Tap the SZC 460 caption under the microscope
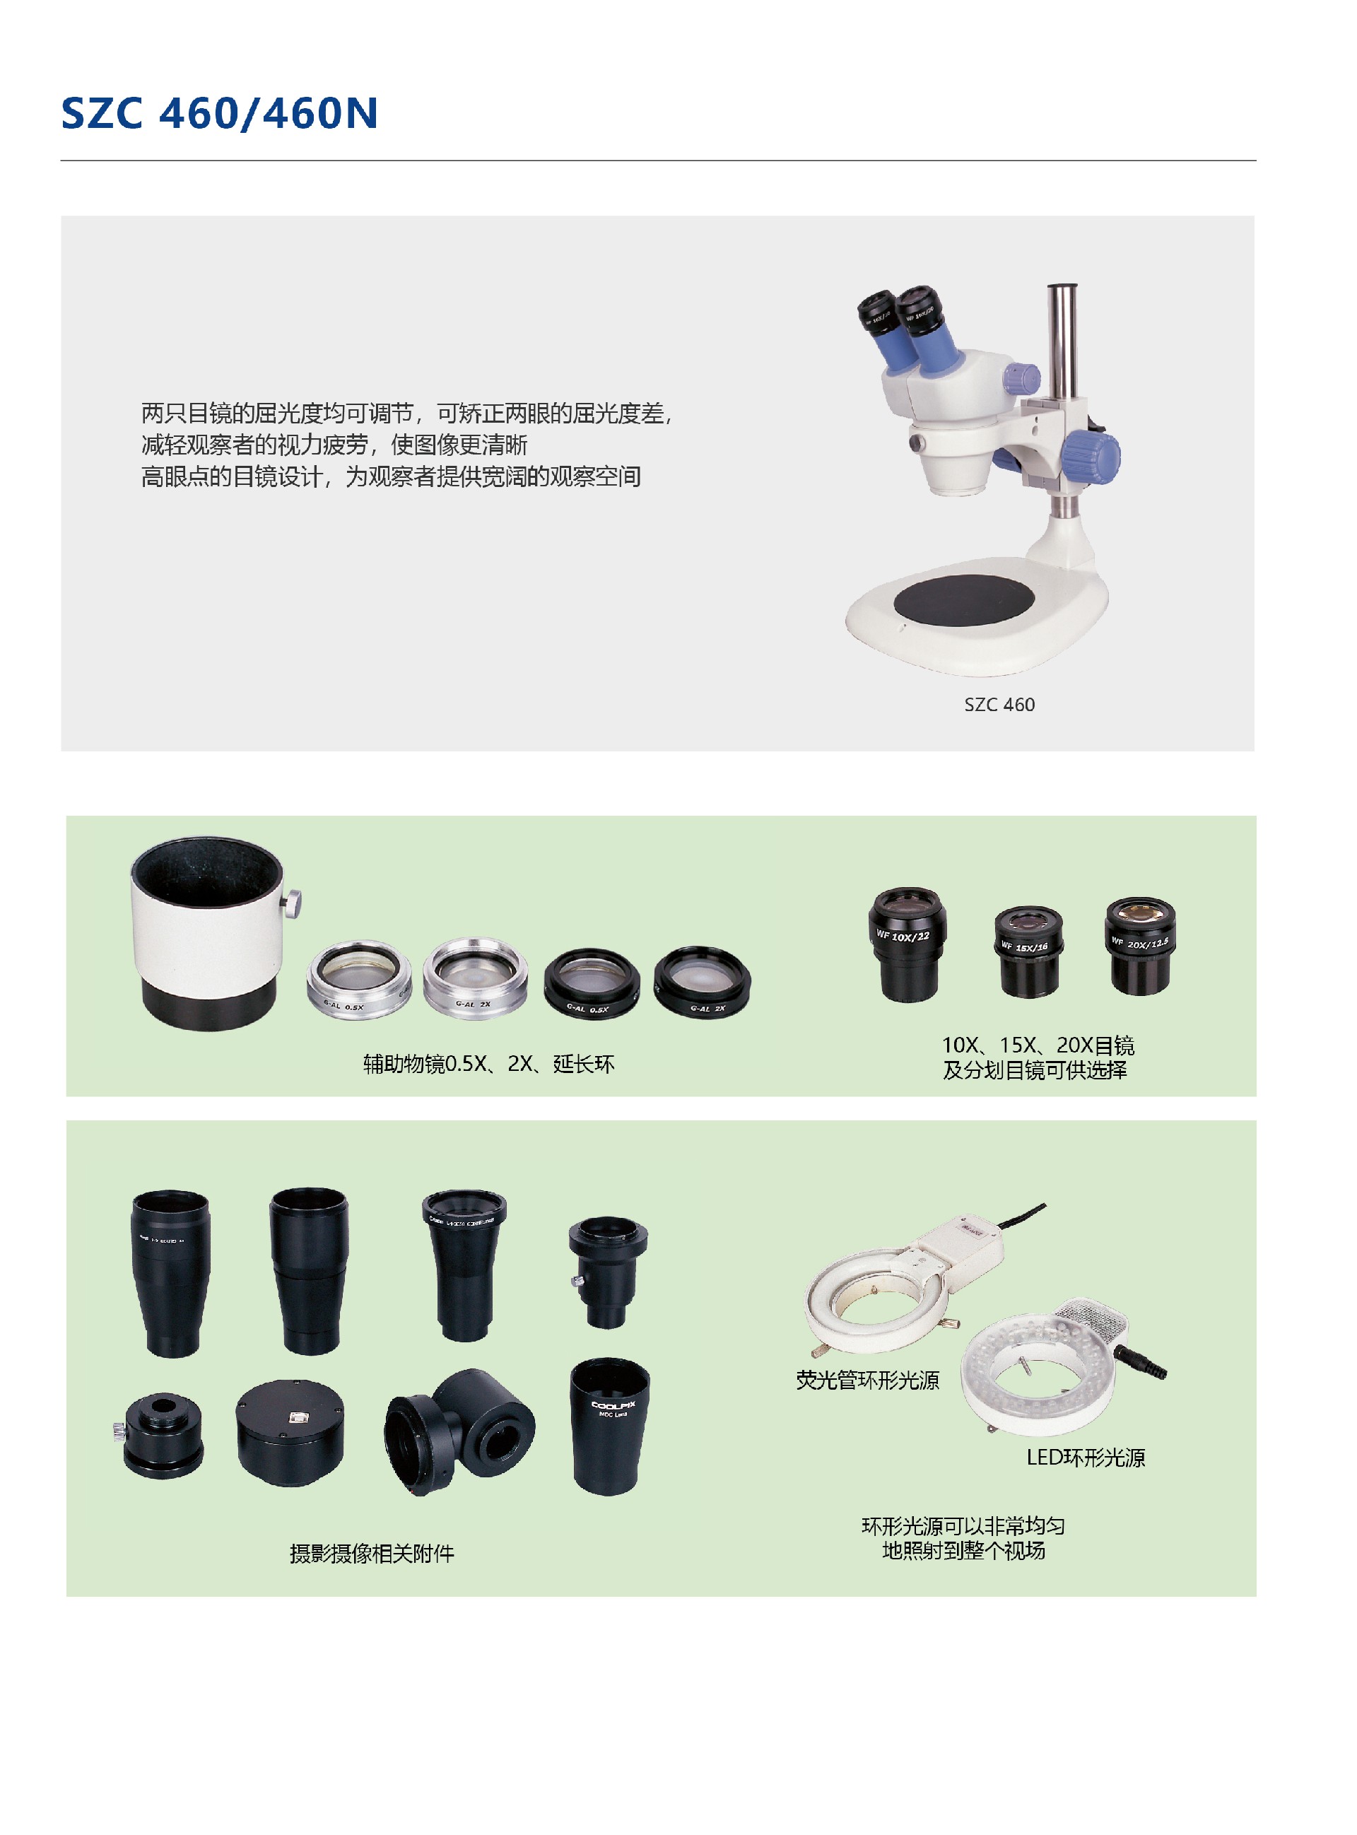point(999,704)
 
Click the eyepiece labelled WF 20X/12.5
point(1140,944)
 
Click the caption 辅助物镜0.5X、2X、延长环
point(489,1064)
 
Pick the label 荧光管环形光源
point(867,1380)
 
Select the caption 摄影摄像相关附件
point(371,1553)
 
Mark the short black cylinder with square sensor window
point(289,1433)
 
